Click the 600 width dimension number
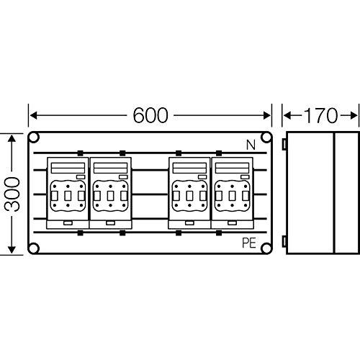(x=150, y=115)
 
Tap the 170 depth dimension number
(x=320, y=116)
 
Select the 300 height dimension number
(x=12, y=194)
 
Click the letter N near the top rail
(x=251, y=145)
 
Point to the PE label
(x=249, y=243)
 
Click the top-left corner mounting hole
(x=34, y=138)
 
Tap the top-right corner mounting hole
(x=266, y=138)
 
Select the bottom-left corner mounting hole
(x=34, y=248)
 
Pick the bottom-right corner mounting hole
(x=266, y=248)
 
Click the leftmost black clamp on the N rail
(x=80, y=153)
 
